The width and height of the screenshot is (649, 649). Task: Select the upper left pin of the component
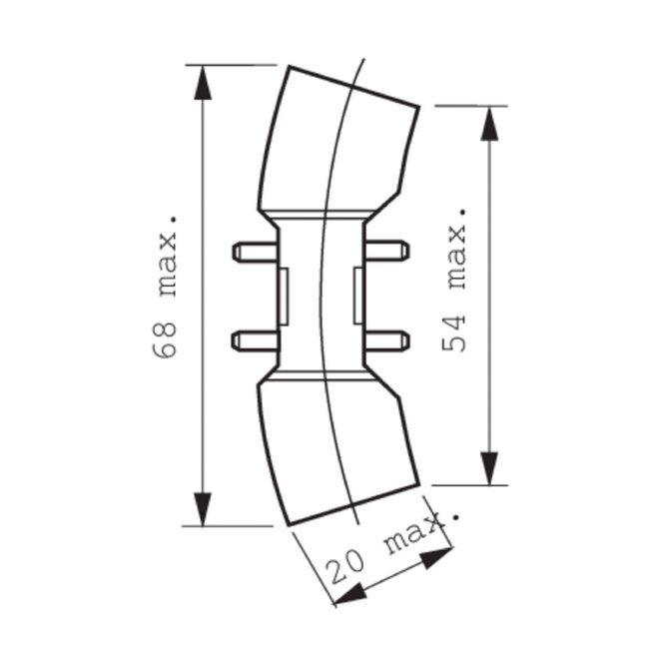point(253,252)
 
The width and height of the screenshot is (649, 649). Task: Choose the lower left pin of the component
point(253,341)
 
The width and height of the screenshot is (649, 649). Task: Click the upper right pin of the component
point(387,251)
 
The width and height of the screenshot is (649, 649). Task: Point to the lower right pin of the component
point(387,341)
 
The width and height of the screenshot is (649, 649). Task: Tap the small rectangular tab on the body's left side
point(281,296)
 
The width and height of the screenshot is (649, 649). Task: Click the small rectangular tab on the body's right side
point(357,296)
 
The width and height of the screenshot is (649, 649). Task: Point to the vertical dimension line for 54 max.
point(488,379)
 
